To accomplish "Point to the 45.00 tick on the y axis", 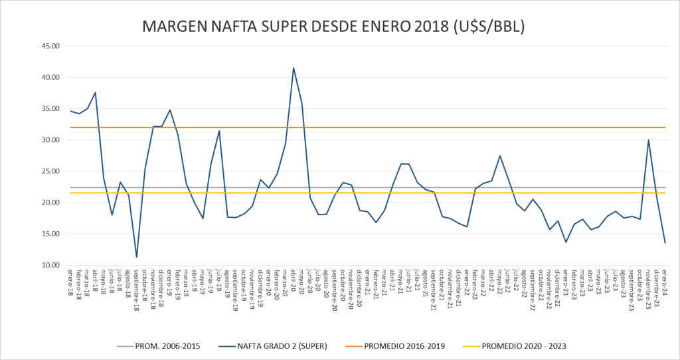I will tap(50, 46).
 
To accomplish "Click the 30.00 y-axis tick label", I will tap(50, 140).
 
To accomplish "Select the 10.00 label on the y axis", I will tap(50, 266).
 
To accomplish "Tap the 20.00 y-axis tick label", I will tap(50, 203).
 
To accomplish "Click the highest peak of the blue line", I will tap(294, 68).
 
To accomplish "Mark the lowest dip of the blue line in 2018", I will tap(137, 257).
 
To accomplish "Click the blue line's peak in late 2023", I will tap(648, 140).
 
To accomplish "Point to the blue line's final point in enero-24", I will tap(665, 243).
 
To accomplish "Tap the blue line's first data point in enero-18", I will tap(71, 111).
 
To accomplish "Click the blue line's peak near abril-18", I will tap(96, 92).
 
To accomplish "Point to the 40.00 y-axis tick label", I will tap(50, 77).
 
